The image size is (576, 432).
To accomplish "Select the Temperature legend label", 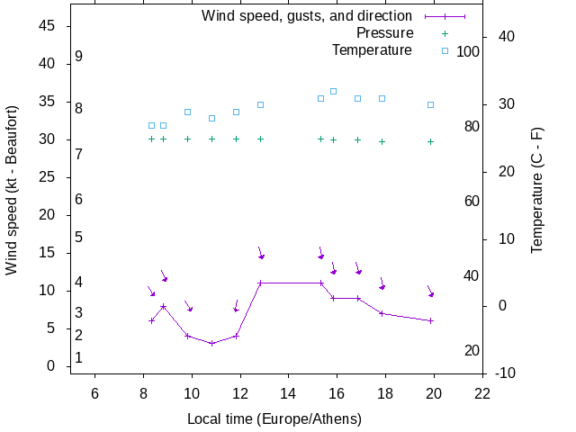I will point(372,50).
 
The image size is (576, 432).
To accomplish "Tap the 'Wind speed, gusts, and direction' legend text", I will point(307,16).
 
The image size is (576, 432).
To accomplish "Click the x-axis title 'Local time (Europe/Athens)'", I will point(274,418).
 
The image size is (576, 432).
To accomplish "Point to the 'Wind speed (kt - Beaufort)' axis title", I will point(12,203).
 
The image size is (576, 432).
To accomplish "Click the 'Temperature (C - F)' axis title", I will point(537,190).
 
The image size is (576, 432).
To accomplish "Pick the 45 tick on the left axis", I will point(49,26).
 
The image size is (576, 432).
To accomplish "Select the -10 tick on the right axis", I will point(505,373).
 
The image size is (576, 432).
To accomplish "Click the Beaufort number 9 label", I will point(79,57).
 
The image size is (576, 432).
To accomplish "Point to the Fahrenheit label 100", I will point(468,52).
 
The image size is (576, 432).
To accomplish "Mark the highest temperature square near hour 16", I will point(334,91).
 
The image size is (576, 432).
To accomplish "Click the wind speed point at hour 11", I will point(211,343).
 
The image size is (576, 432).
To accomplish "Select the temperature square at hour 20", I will point(431,104).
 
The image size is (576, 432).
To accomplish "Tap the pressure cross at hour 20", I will point(431,141).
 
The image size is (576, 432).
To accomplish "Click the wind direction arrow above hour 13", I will point(260,253).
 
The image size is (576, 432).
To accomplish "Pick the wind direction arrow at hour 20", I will point(430,291).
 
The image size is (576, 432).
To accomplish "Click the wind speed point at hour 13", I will point(260,283).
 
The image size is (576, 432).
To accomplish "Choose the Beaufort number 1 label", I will point(79,357).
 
